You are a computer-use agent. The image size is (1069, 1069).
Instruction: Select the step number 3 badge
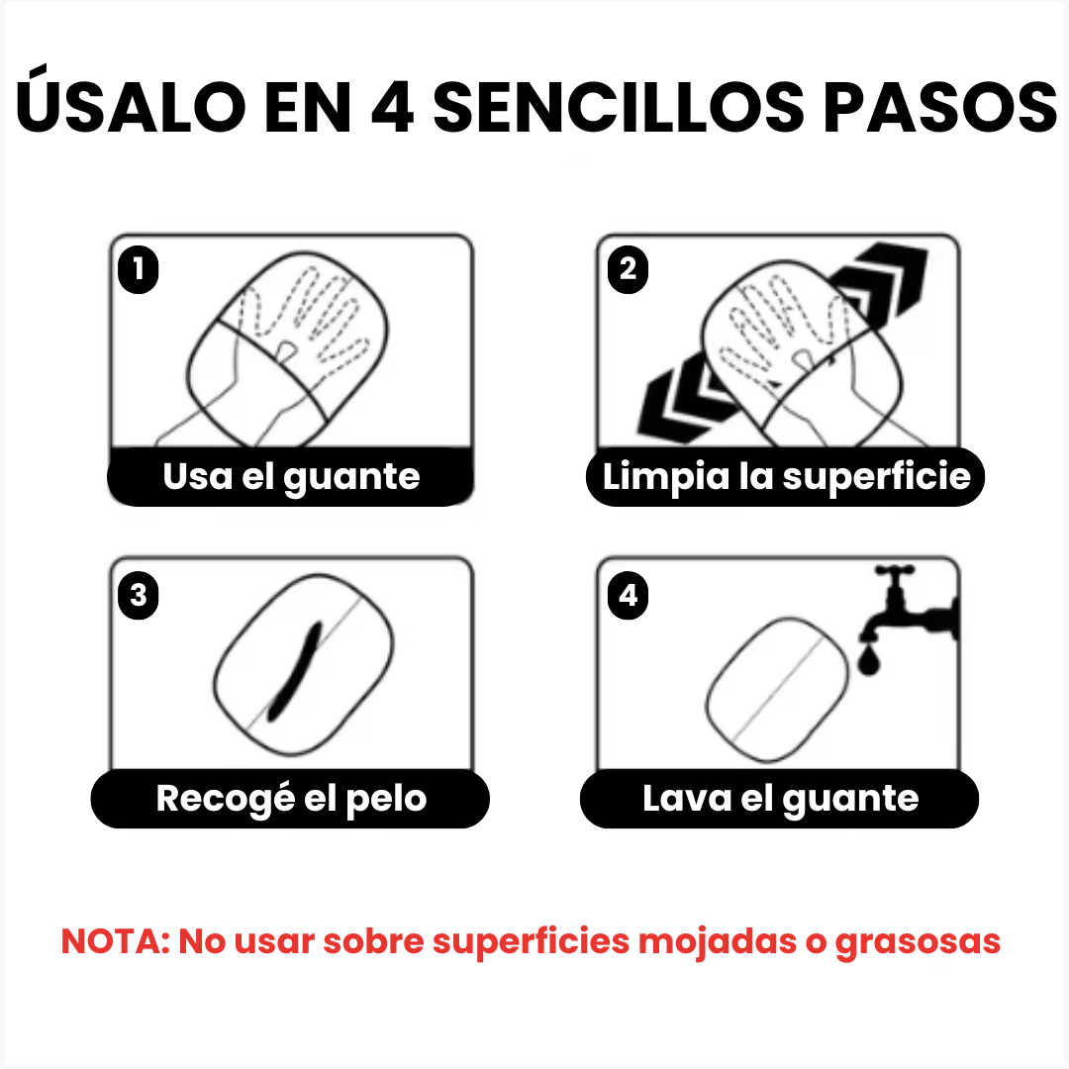(139, 596)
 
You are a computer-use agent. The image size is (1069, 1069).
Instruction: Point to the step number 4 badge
(629, 596)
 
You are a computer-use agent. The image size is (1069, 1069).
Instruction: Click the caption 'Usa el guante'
(291, 477)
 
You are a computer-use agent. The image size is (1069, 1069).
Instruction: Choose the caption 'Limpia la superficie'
(786, 477)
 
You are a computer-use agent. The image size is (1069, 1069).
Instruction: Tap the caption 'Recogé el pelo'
(291, 799)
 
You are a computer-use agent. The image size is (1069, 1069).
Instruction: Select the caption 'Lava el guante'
(780, 799)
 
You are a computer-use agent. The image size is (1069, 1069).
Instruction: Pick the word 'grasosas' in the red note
(918, 941)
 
